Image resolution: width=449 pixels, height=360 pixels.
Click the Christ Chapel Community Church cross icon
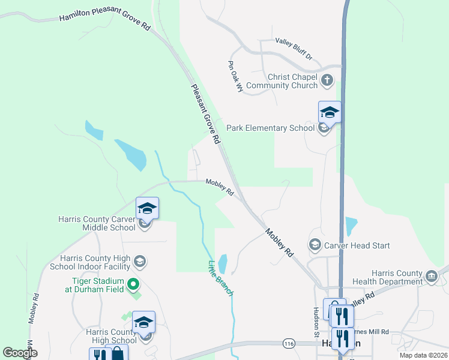[327, 80]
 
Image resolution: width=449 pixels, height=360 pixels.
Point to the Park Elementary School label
[270, 128]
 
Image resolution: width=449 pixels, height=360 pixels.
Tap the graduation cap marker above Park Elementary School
[330, 112]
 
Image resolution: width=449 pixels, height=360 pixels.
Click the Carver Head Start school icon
[315, 245]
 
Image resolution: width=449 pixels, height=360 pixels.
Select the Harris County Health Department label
[397, 277]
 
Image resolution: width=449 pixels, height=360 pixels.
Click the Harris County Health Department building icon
[431, 277]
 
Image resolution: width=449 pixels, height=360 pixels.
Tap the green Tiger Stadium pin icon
[134, 284]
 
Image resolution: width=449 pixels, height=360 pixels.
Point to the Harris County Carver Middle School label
[97, 223]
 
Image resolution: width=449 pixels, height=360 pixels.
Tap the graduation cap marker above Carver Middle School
[147, 208]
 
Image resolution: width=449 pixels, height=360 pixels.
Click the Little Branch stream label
[220, 277]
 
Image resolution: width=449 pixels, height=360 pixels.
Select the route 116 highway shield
[289, 343]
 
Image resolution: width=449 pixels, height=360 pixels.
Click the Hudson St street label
[315, 317]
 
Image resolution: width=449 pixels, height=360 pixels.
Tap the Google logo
[20, 353]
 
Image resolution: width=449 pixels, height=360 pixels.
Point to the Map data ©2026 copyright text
[423, 355]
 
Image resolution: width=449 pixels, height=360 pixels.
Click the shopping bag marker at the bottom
[116, 353]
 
